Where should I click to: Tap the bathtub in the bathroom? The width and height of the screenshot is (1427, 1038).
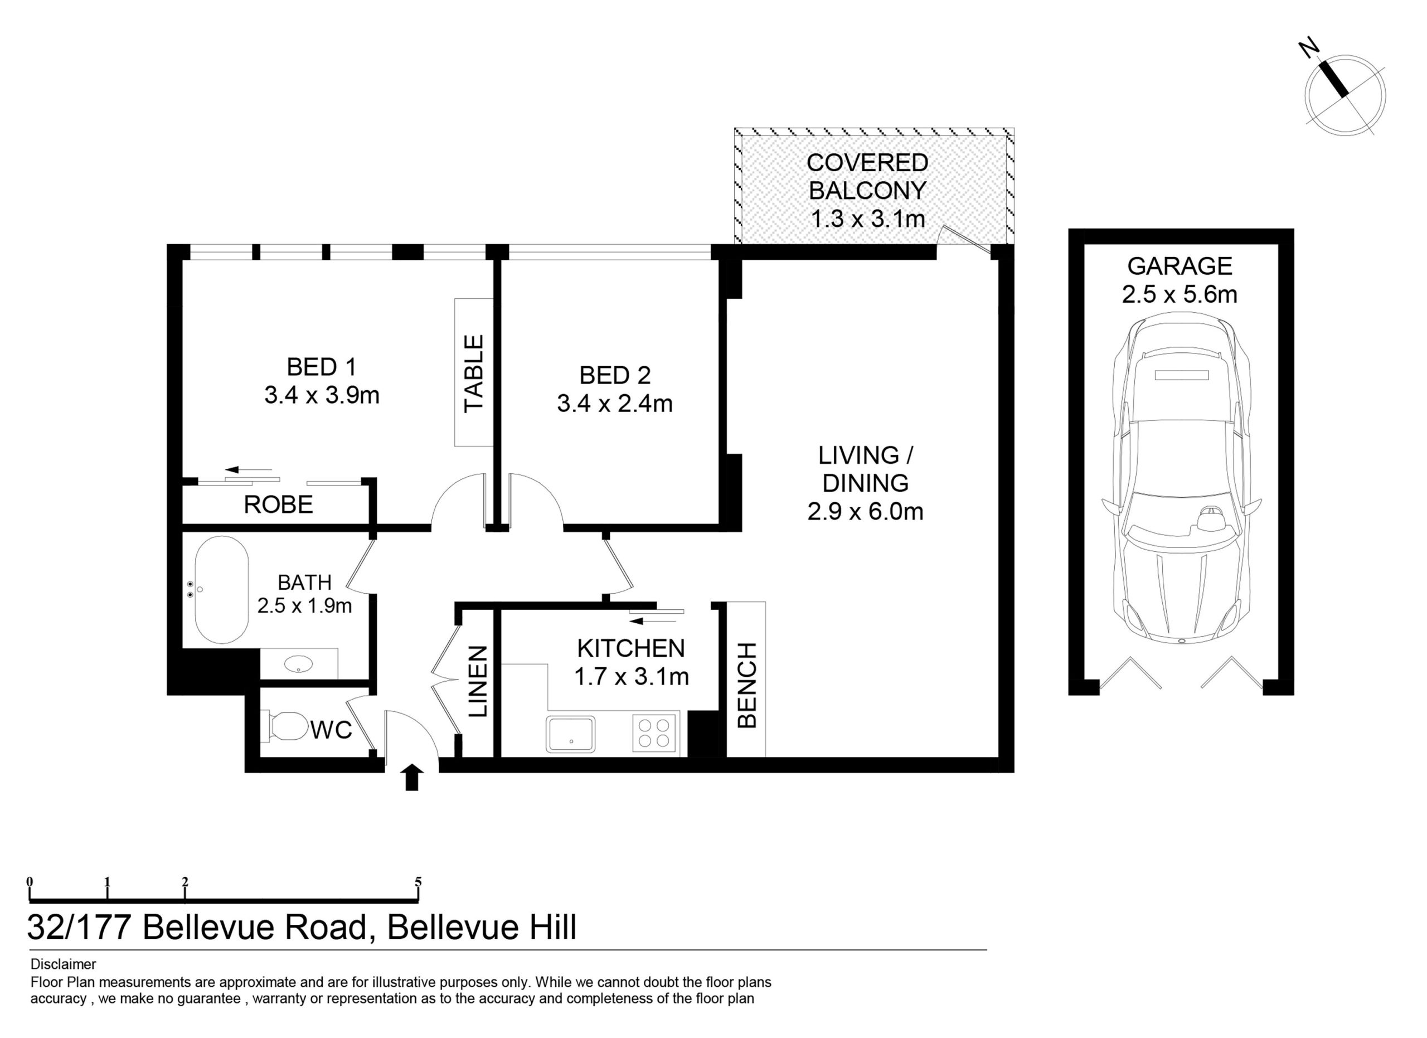221,589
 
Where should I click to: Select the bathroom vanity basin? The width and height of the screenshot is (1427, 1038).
298,664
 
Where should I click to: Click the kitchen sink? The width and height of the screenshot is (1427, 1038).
571,734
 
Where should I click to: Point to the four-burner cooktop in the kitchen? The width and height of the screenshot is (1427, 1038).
654,733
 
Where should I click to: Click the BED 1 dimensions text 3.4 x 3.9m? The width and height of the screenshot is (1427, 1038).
322,396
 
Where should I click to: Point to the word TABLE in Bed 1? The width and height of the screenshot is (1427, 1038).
474,373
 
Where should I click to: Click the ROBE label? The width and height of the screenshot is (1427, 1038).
278,505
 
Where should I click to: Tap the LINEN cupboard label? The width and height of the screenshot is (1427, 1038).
478,681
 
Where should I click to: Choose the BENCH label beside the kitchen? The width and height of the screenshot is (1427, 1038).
746,685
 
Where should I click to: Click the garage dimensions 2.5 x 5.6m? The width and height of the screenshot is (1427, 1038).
1180,294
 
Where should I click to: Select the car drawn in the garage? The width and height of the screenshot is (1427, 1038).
1182,481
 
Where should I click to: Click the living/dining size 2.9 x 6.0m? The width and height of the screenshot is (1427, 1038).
865,511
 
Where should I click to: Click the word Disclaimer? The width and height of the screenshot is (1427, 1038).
63,964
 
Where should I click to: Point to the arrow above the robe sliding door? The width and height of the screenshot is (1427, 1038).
249,469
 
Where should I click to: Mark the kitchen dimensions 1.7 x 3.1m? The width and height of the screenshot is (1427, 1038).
631,677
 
